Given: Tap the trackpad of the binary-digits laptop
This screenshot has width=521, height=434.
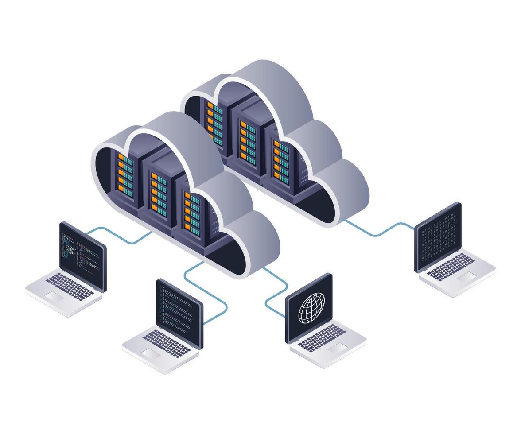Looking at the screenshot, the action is pos(467,277).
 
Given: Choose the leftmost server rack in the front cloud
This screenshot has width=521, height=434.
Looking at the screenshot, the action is pos(126,177).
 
